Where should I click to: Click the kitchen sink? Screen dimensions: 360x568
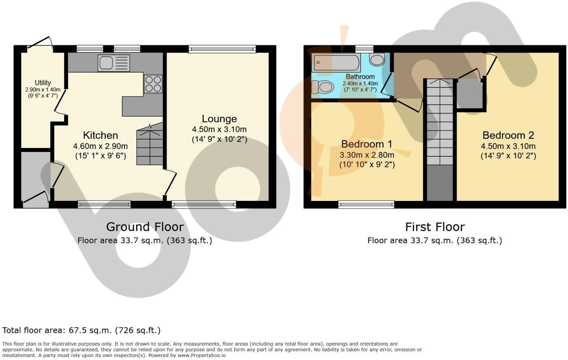(x=114, y=63)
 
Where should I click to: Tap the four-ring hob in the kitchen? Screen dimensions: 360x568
(x=153, y=84)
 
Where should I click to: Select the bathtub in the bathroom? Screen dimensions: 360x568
(x=336, y=63)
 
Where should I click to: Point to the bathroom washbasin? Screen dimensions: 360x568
(x=377, y=60)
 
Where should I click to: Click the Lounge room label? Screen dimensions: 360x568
(x=219, y=119)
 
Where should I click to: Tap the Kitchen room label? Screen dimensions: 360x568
(x=100, y=135)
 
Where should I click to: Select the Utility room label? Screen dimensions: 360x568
(x=43, y=83)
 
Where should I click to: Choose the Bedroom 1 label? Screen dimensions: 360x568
(x=367, y=144)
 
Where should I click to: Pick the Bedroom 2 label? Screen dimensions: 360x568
(x=508, y=135)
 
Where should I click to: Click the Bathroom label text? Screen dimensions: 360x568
(x=360, y=77)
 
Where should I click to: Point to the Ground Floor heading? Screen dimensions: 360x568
(x=145, y=227)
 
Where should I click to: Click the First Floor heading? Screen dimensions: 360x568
(x=435, y=227)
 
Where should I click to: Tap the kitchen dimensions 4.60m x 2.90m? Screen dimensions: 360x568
(x=100, y=146)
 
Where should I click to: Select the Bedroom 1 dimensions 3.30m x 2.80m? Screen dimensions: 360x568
(x=367, y=155)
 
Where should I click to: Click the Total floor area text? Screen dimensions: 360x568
(x=81, y=330)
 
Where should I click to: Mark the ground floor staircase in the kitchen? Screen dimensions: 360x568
(x=150, y=146)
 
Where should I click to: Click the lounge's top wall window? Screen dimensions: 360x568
(x=222, y=49)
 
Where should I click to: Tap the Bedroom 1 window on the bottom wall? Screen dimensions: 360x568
(x=366, y=205)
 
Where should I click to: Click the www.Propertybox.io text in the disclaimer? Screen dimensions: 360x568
(x=201, y=355)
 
